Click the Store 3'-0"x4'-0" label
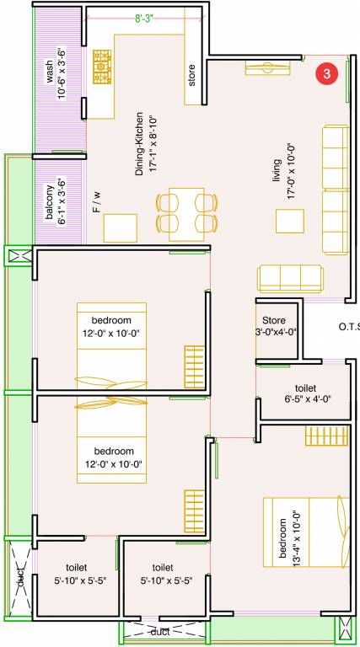tap(275, 326)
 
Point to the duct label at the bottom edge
tap(161, 631)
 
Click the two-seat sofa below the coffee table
tap(289, 277)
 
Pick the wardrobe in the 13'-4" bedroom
tap(322, 436)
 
